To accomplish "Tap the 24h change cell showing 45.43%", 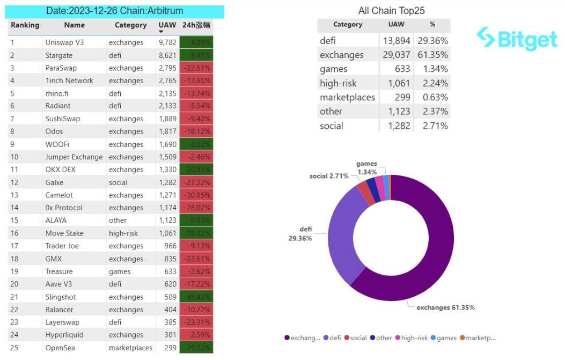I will [196, 297].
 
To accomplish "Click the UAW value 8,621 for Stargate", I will [167, 55].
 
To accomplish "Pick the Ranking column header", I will [25, 25].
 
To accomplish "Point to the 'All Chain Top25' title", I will [392, 11].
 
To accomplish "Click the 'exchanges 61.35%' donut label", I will [446, 307].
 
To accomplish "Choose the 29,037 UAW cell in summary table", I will [397, 55].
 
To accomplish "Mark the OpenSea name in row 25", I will [60, 348].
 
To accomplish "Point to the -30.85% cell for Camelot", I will [196, 195].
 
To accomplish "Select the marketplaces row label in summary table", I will [347, 97].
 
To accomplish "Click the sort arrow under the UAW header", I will [161, 32].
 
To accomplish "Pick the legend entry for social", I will [355, 338].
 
